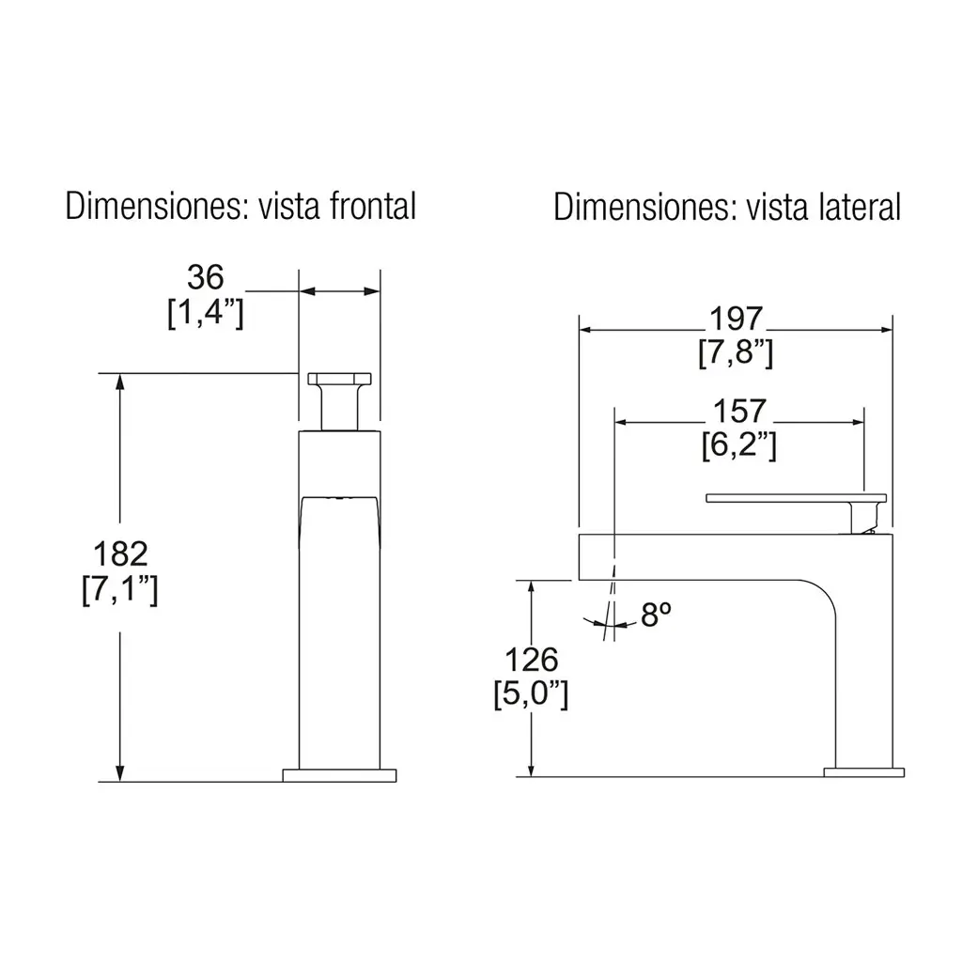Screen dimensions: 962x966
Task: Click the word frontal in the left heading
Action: coord(373,206)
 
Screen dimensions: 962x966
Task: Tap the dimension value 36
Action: coord(205,278)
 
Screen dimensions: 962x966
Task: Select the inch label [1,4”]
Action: coord(206,313)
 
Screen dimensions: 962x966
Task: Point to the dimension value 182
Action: coord(120,553)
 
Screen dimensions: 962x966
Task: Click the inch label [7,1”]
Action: coord(120,589)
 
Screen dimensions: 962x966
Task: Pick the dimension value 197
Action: coord(736,319)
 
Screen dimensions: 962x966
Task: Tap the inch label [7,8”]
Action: coord(736,353)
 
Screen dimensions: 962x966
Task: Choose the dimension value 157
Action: coord(739,411)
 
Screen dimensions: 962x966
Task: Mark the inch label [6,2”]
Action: coord(739,444)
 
